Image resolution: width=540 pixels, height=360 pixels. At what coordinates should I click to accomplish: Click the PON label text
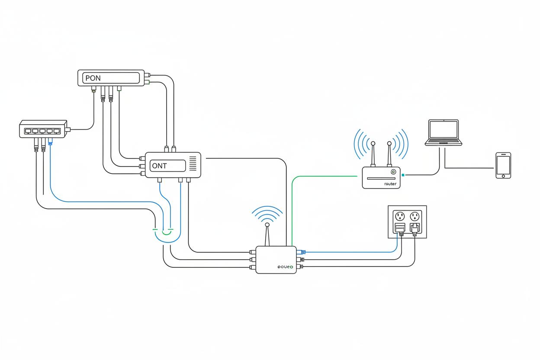[x=93, y=78]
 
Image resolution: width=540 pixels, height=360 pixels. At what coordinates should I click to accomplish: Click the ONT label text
[x=160, y=166]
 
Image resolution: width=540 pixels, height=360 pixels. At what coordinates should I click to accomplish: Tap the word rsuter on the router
[x=390, y=184]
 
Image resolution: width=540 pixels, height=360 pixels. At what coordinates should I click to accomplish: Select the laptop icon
[x=443, y=132]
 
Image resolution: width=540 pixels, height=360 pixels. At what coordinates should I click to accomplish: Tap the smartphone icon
[x=503, y=165]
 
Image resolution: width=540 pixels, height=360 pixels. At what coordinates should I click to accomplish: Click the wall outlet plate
[x=407, y=222]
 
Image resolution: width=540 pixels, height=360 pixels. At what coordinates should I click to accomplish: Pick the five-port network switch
[x=42, y=130]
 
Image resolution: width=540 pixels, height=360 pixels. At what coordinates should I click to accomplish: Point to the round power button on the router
[x=393, y=172]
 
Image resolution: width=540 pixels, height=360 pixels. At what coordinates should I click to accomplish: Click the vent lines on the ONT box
[x=193, y=164]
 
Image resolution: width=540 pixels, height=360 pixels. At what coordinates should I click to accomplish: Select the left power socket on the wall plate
[x=400, y=215]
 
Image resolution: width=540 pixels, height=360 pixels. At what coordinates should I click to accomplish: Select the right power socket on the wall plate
[x=415, y=215]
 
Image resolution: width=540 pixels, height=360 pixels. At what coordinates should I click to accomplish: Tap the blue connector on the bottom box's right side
[x=303, y=252]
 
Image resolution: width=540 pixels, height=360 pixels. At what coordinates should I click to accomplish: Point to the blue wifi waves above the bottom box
[x=267, y=213]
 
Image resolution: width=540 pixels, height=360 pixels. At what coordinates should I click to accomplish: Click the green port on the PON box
[x=147, y=82]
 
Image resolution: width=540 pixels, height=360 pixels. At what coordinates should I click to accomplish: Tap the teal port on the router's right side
[x=403, y=175]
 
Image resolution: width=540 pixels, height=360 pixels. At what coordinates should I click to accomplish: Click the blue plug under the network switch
[x=50, y=142]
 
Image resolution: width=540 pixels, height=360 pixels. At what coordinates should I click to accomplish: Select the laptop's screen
[x=443, y=129]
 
